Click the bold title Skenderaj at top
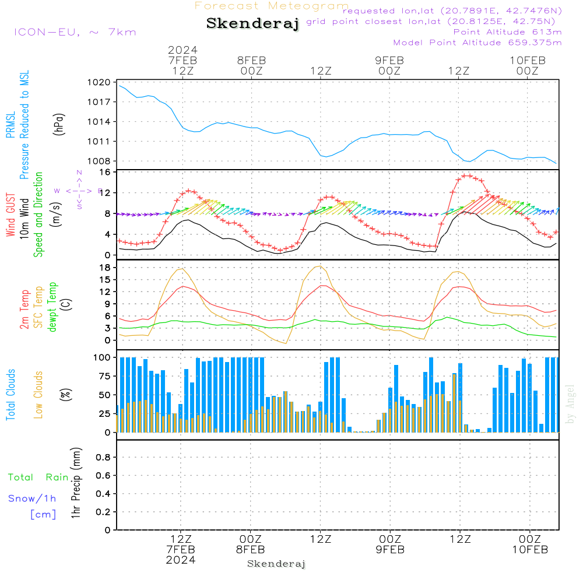pos(252,23)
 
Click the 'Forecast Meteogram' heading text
pos(272,6)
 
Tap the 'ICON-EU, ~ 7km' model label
pos(75,31)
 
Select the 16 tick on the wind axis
pos(106,173)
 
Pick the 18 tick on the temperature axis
pos(106,268)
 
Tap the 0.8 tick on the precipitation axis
pos(103,458)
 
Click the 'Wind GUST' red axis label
pos(10,216)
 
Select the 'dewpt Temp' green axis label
pos(52,307)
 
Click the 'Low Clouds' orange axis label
pos(38,394)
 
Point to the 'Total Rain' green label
pos(38,477)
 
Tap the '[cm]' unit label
pos(43,514)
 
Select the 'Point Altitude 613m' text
pos(507,31)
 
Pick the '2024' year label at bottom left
pos(180,560)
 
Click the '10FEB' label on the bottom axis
pos(530,550)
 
